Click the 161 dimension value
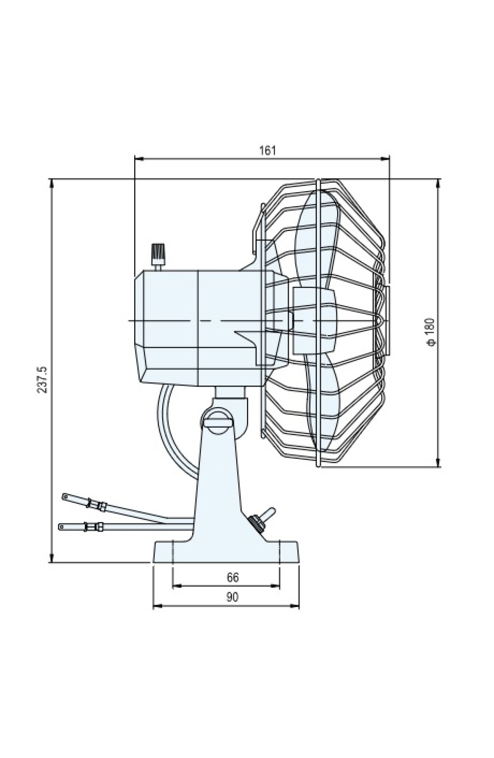pyautogui.click(x=267, y=150)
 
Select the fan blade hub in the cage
pyautogui.click(x=313, y=321)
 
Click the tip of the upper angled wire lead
pyautogui.click(x=64, y=496)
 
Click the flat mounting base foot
pyautogui.click(x=226, y=552)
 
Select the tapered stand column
pyautogui.click(x=218, y=480)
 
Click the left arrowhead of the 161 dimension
pyautogui.click(x=139, y=158)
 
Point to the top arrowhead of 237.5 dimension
pyautogui.click(x=52, y=183)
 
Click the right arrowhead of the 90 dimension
pyautogui.click(x=295, y=606)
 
